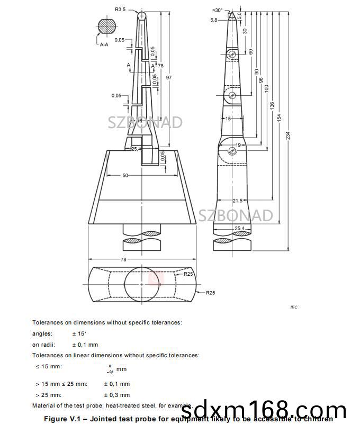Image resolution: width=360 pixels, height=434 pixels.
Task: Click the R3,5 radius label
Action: click(x=121, y=9)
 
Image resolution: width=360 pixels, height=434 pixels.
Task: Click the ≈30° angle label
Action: click(x=217, y=10)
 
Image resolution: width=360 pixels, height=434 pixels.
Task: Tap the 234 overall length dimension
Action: click(x=288, y=135)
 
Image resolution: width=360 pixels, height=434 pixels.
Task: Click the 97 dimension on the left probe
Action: click(x=169, y=78)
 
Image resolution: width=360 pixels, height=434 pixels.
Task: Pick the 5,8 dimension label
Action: click(x=214, y=20)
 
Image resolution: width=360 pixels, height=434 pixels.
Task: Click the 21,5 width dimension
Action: click(x=238, y=201)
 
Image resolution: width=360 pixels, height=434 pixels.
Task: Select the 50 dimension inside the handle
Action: click(x=125, y=175)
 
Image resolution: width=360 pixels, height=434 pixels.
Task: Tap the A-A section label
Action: click(x=104, y=45)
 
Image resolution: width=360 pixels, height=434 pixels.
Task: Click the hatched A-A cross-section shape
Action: click(x=107, y=26)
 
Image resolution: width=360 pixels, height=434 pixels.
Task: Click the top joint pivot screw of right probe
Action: click(x=232, y=55)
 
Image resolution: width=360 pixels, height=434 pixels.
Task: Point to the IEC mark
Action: click(x=294, y=308)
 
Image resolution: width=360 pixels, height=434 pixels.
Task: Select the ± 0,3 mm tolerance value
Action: click(x=116, y=395)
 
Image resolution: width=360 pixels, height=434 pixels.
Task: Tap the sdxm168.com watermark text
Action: click(x=264, y=410)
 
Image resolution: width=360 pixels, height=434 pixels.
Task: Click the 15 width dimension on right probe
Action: click(x=228, y=119)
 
